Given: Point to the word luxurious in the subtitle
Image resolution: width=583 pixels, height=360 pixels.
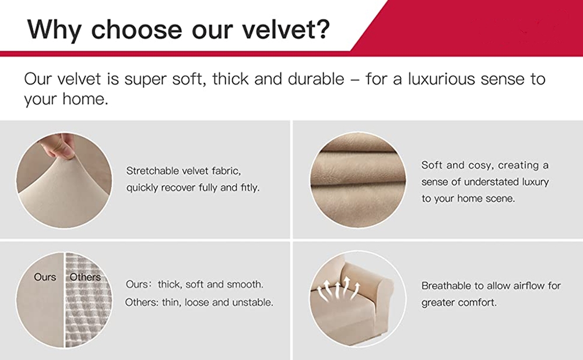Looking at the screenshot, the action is pos(441,79).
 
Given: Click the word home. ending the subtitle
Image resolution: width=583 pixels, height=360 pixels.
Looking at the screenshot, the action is pos(85,99).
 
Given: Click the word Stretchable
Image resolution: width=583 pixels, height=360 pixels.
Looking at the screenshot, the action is pos(150,171).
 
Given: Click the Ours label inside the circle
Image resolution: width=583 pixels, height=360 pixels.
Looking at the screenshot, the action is pos(45,277).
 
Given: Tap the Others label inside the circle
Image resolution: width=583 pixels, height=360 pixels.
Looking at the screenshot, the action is pos(85,277).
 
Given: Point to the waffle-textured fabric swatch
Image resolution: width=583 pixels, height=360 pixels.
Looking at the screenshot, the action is pos(87,301).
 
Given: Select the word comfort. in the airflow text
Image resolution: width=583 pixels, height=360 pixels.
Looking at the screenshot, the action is pos(479,303).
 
